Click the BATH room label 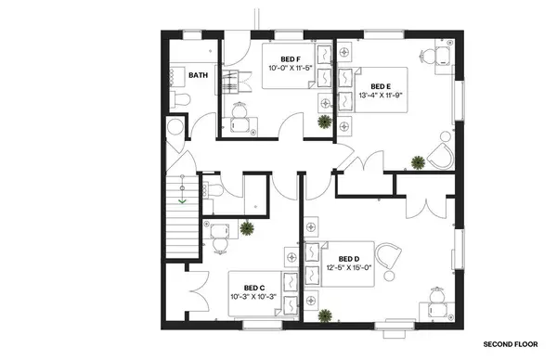[x=198, y=75]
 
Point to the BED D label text [x=348, y=259]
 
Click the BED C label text [x=254, y=287]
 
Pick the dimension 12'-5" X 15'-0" [x=348, y=268]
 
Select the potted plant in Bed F [x=323, y=121]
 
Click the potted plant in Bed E [x=419, y=163]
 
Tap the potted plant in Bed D [x=324, y=316]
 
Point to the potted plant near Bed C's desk [x=248, y=226]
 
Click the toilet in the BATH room [x=182, y=97]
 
